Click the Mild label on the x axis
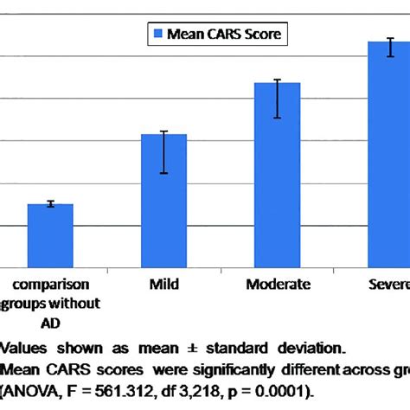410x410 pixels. tap(163, 283)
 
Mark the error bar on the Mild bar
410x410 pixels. tap(163, 152)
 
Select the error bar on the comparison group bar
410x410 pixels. tap(50, 203)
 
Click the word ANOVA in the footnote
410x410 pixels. tap(33, 390)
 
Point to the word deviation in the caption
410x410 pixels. tap(293, 349)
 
